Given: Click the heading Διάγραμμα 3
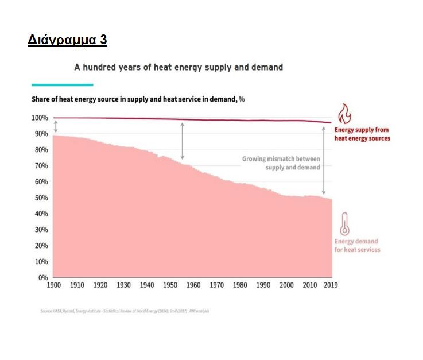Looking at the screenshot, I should click(x=67, y=40).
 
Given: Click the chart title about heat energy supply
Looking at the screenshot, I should click(x=178, y=67).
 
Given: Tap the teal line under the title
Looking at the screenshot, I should click(x=62, y=84).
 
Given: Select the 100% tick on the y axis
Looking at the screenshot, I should click(x=40, y=118).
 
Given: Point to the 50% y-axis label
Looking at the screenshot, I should click(x=41, y=198).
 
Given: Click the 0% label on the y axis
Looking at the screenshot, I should click(x=43, y=277).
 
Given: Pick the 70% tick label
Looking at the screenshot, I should click(x=41, y=165).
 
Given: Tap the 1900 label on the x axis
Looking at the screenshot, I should click(x=53, y=285).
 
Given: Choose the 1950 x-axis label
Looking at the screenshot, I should click(x=170, y=285).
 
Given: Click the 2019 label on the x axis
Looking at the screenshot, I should click(x=331, y=285).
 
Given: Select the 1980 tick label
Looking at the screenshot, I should click(x=240, y=285).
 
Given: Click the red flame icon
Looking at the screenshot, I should click(x=344, y=114).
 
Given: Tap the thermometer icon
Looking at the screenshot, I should click(x=344, y=224).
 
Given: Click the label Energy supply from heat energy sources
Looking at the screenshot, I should click(x=362, y=134).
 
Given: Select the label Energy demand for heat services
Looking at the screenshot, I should click(x=357, y=245).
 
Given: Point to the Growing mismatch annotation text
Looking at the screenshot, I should click(x=281, y=162).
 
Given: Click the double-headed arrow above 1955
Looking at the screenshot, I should click(x=183, y=141).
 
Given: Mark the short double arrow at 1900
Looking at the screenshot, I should click(x=56, y=126).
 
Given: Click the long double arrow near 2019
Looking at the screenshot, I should click(x=324, y=160).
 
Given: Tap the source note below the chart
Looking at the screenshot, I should click(x=125, y=311).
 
